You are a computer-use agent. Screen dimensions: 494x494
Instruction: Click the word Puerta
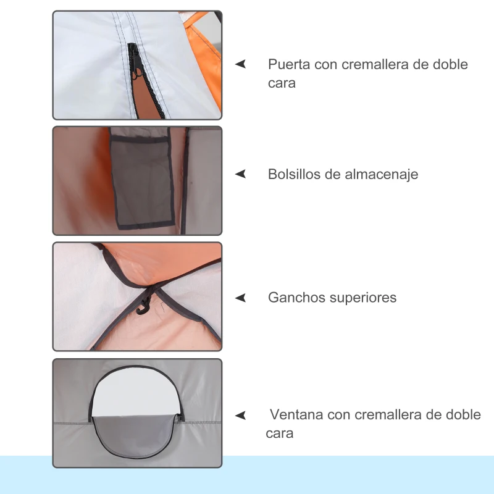tap(288, 64)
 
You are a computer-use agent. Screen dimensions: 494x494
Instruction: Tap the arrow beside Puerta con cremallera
tap(240, 64)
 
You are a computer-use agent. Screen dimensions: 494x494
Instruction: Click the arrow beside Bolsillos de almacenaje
tap(240, 174)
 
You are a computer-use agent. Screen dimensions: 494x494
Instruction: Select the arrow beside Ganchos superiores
tap(240, 298)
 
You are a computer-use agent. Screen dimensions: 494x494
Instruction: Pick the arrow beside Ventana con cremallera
tap(240, 415)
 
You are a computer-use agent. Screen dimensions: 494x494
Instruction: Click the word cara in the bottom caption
tap(279, 433)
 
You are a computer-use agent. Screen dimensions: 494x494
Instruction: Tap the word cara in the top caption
tap(282, 83)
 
